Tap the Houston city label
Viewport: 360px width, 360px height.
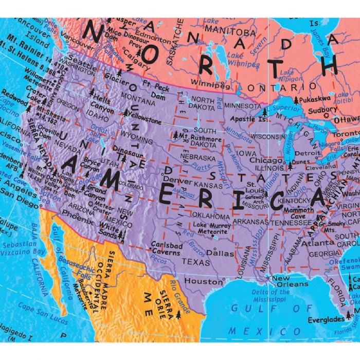197,282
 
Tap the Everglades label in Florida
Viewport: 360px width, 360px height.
327,320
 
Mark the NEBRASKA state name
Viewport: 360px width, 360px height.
198,158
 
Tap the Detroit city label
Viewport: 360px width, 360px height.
308,153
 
